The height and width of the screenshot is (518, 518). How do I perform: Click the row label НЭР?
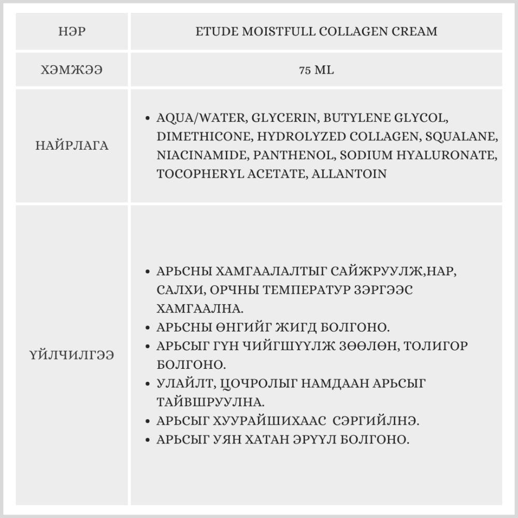[72, 32]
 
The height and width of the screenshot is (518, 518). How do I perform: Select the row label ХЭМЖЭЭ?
[72, 70]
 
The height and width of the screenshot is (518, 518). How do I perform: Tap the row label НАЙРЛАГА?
[72, 146]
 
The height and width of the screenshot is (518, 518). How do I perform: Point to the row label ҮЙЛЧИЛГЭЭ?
[72, 356]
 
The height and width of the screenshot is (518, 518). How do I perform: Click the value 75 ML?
[316, 70]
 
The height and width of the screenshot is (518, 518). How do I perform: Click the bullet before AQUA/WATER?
[148, 118]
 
